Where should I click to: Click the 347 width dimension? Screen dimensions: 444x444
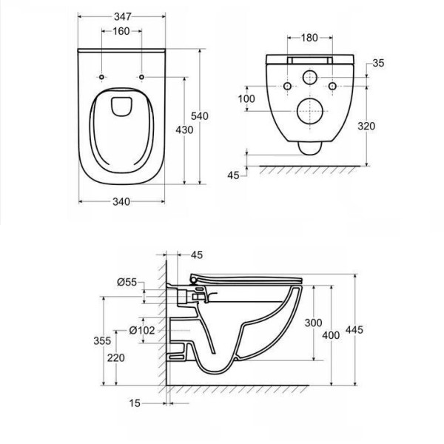(x=123, y=17)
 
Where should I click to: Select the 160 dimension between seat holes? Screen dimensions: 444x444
(x=121, y=31)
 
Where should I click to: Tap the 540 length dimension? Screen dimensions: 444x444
(x=200, y=116)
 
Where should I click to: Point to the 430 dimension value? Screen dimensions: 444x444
(x=184, y=130)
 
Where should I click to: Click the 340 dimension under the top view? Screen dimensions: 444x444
(x=121, y=201)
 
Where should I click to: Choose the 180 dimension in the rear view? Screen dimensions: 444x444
(x=309, y=38)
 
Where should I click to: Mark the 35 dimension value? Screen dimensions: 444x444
(x=378, y=63)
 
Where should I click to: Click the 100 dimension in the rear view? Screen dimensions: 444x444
(x=246, y=99)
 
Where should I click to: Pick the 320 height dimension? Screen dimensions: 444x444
(x=366, y=126)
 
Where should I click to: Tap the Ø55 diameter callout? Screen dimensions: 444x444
(x=127, y=282)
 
